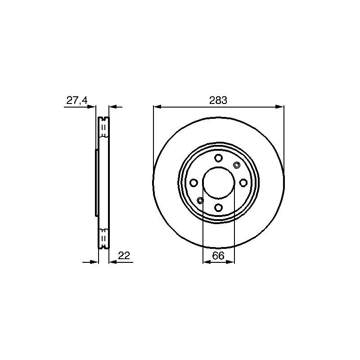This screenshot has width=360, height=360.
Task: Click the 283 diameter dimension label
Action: pos(218,100)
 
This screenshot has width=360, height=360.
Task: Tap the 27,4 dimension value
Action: pos(77,100)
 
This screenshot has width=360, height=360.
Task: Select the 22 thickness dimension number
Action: pos(124,256)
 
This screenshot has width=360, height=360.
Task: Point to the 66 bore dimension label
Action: pos(218,256)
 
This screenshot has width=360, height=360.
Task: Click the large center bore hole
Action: pos(219,183)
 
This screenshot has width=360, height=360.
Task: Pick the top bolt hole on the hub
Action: pos(219,158)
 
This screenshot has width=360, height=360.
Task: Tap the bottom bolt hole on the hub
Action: pos(219,207)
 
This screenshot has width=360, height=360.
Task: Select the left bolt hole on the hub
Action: pos(194,183)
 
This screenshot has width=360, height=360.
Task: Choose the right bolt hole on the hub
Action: pos(243,183)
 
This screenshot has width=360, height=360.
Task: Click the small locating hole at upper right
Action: pos(236,165)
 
